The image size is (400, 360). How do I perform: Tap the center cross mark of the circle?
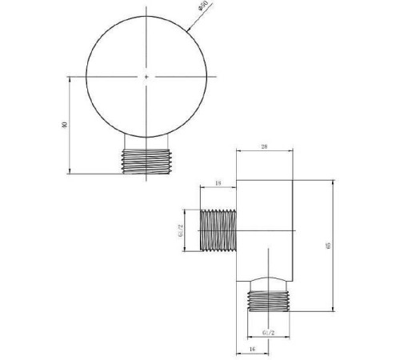click(147, 77)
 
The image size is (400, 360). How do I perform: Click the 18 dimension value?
click(218, 184)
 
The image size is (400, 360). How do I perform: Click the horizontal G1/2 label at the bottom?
click(269, 330)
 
